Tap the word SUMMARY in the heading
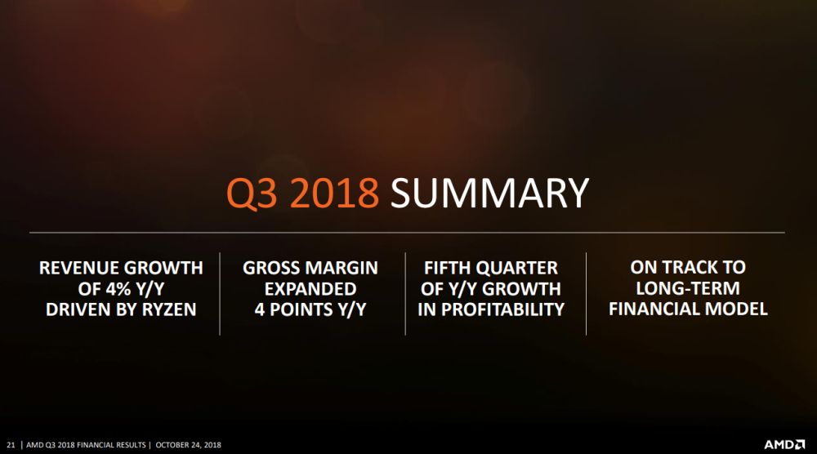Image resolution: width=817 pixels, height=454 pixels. point(489,194)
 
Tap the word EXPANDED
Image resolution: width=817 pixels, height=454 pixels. point(310,289)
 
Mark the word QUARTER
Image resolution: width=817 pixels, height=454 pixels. point(520,268)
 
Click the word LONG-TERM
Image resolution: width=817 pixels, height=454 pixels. point(688,289)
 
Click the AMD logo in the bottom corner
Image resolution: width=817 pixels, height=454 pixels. point(785,445)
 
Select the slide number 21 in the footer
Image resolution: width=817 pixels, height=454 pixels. point(11,445)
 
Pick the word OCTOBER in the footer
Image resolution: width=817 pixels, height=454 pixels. point(174,445)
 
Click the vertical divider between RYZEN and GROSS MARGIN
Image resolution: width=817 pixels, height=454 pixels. point(220,293)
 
